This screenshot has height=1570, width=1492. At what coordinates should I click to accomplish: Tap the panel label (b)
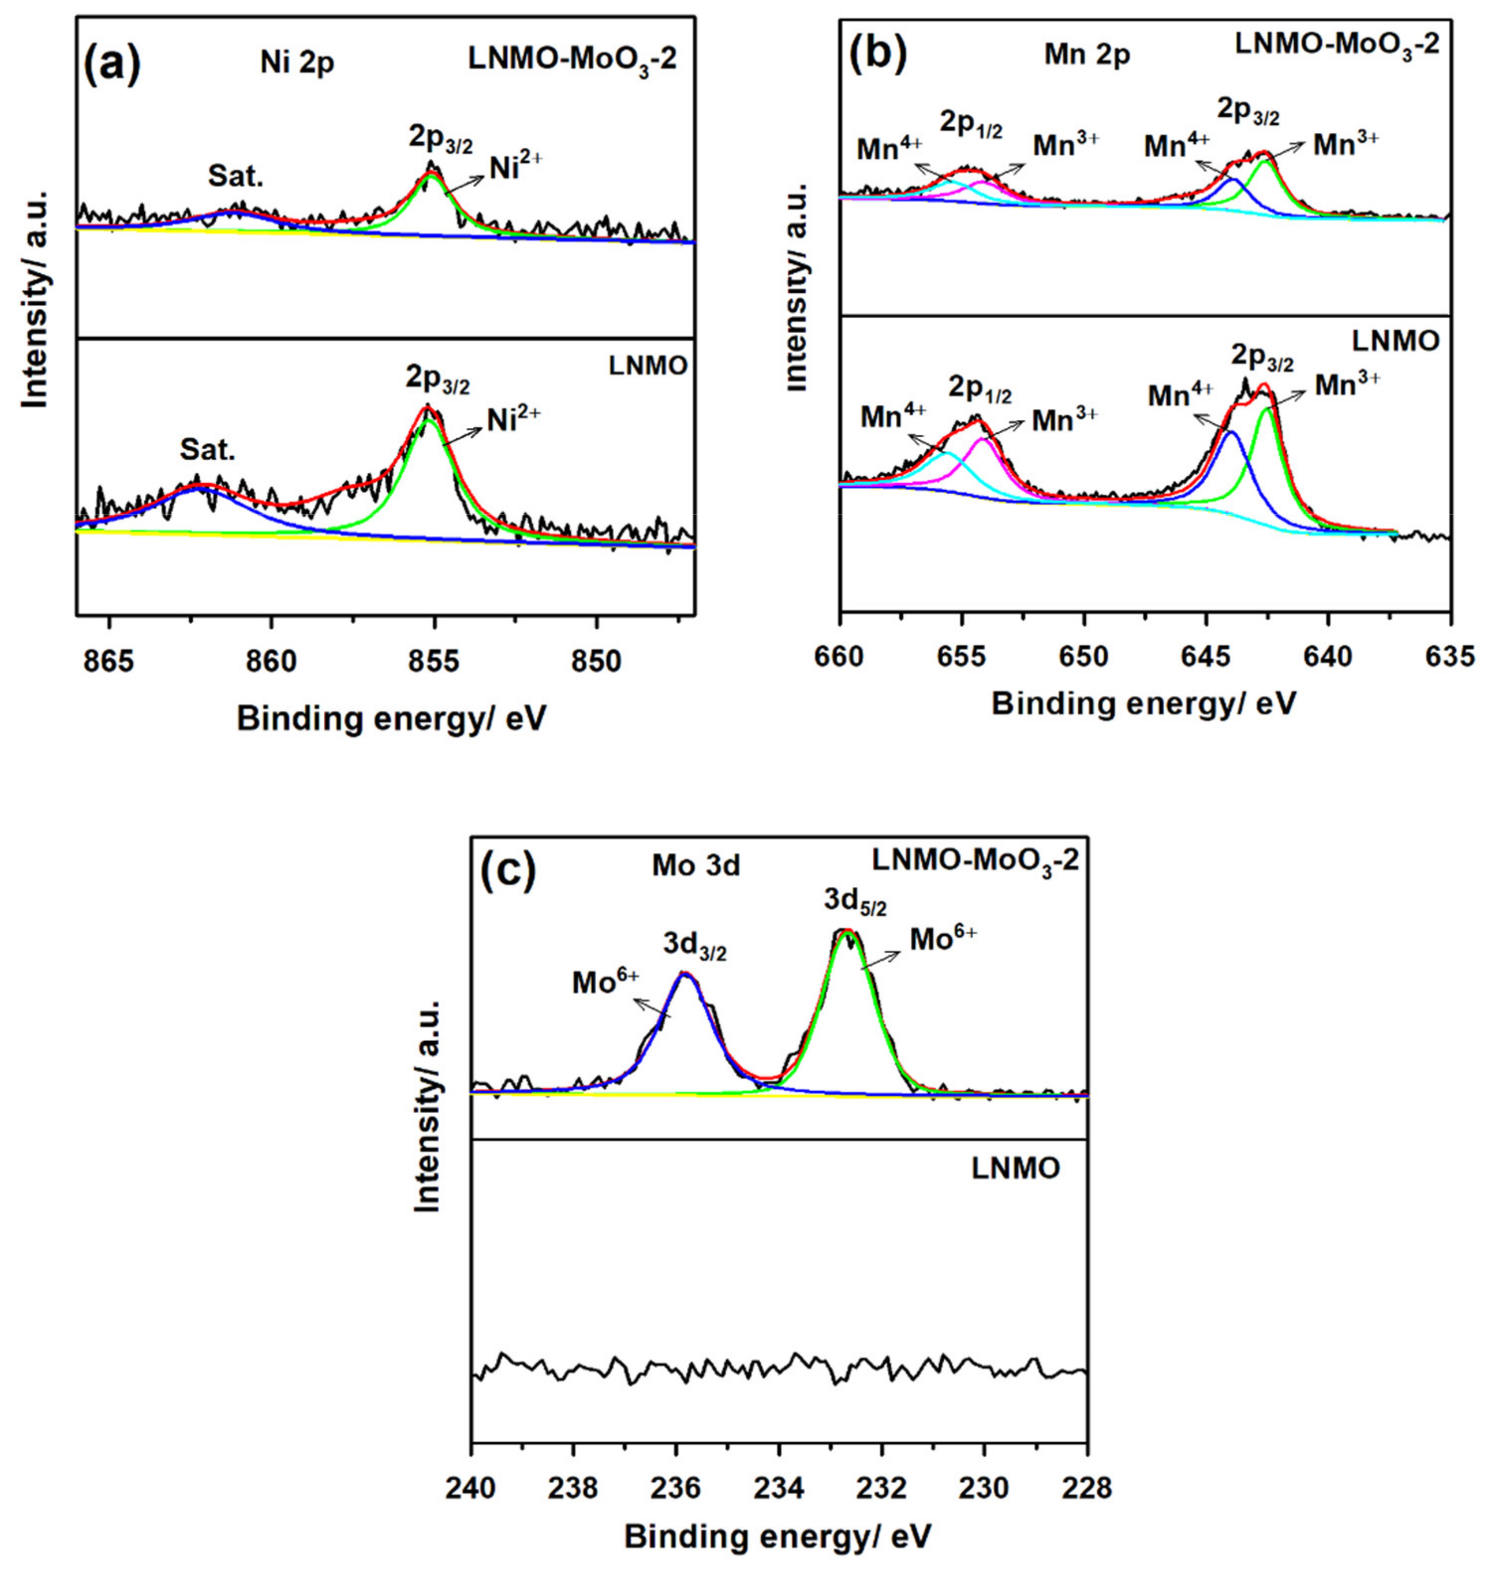point(877,54)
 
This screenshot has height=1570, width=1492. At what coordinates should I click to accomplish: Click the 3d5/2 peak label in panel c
point(855,905)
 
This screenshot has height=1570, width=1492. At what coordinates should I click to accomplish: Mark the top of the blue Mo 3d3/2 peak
point(684,974)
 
